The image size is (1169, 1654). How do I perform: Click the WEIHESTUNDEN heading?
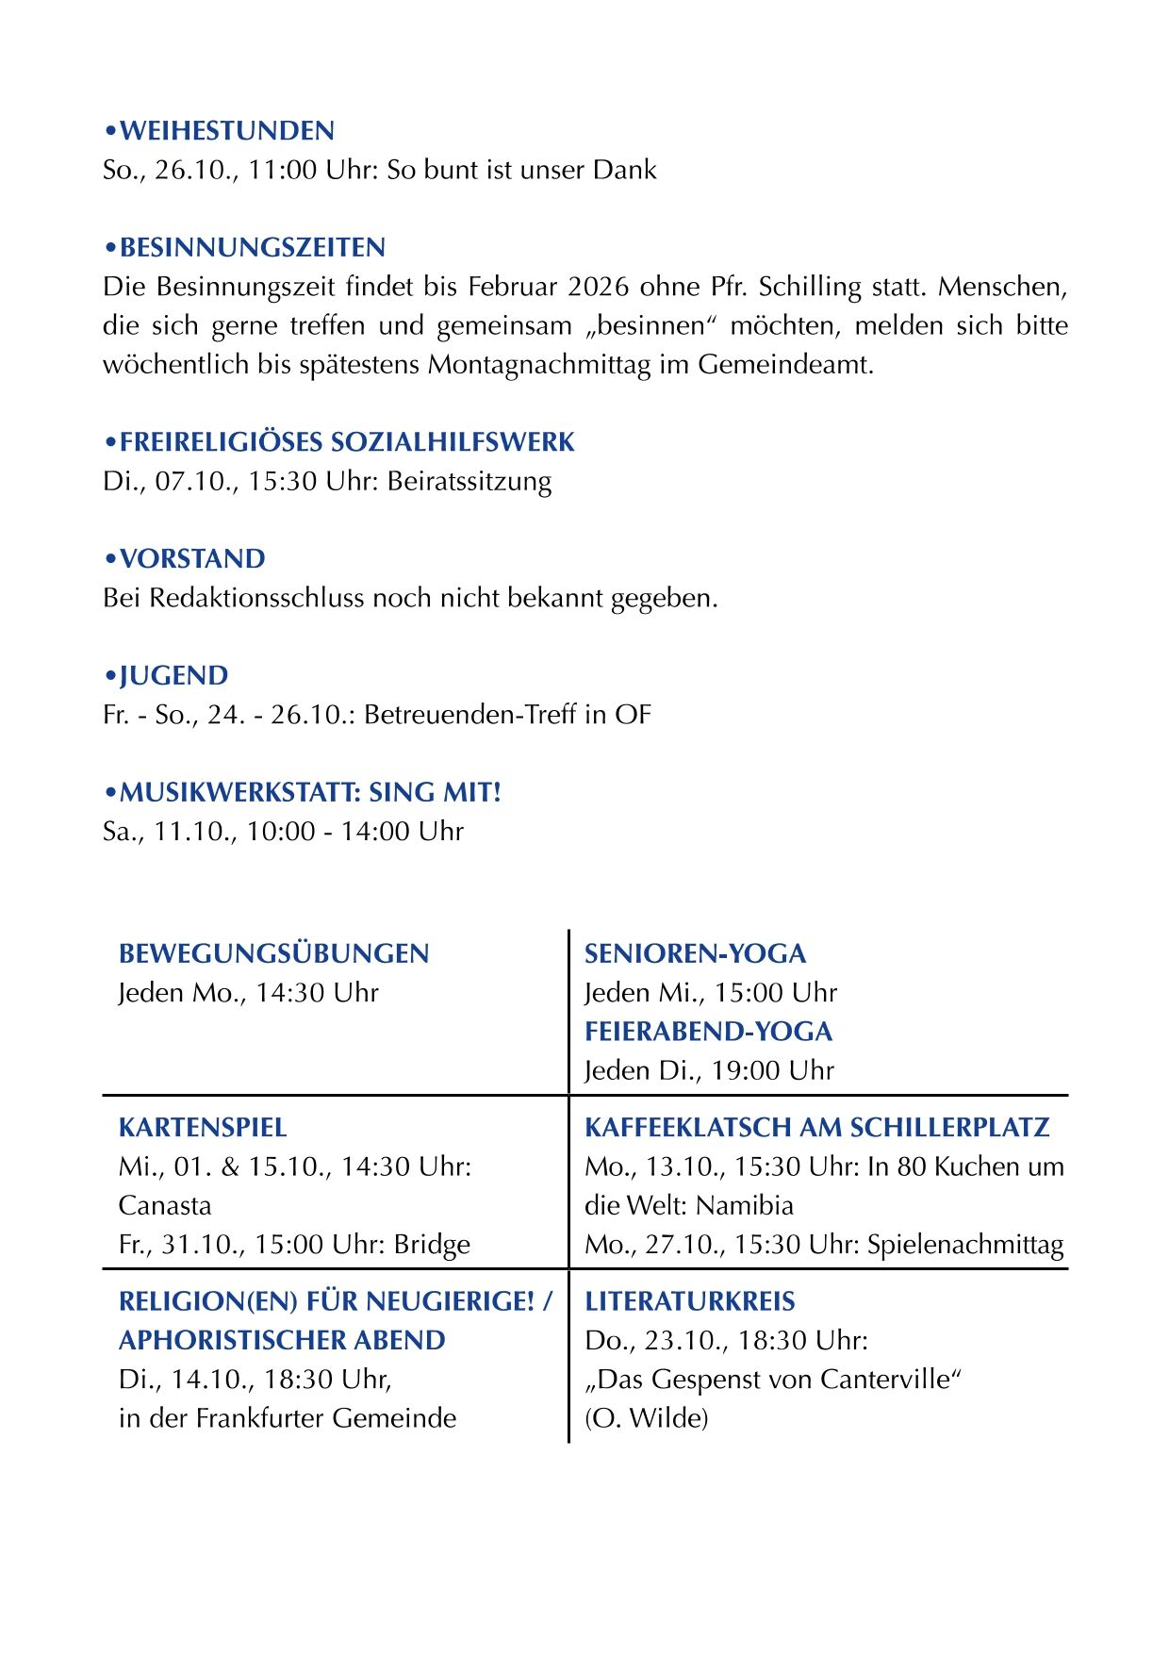[x=226, y=131]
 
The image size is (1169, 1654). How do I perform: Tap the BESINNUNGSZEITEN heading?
[x=252, y=248]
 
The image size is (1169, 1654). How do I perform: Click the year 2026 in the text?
[x=600, y=287]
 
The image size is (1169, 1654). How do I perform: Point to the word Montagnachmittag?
[x=539, y=365]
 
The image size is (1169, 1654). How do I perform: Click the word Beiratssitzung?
[x=469, y=482]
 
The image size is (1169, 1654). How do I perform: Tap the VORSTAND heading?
[x=192, y=559]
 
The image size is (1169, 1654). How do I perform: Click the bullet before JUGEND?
[x=110, y=677]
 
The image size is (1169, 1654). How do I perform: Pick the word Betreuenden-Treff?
[x=469, y=715]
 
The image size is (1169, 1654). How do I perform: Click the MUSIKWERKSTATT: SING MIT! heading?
[x=310, y=793]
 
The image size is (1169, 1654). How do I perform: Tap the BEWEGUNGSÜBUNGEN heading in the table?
[x=273, y=954]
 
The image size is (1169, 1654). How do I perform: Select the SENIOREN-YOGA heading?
[x=695, y=954]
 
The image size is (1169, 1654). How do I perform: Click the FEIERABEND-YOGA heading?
[x=708, y=1032]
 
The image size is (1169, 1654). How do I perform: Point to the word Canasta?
[x=165, y=1206]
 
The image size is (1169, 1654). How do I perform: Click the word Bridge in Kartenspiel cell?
[x=432, y=1245]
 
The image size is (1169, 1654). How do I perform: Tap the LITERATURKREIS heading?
[x=689, y=1302]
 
